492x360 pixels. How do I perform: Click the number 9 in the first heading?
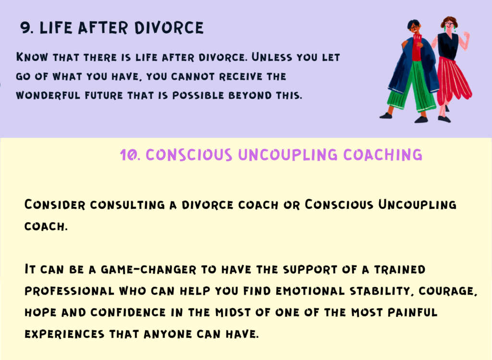click(25, 28)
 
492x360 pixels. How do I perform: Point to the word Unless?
click(272, 58)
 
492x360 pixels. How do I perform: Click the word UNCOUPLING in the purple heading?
click(288, 155)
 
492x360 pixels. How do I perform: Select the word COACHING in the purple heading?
click(382, 155)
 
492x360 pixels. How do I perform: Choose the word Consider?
click(55, 205)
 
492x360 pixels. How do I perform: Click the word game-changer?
click(148, 269)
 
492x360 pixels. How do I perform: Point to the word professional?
click(69, 291)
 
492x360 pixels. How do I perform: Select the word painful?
click(412, 312)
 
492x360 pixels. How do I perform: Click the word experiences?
click(64, 334)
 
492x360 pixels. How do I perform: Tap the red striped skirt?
click(453, 80)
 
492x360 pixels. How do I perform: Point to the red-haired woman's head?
click(449, 24)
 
